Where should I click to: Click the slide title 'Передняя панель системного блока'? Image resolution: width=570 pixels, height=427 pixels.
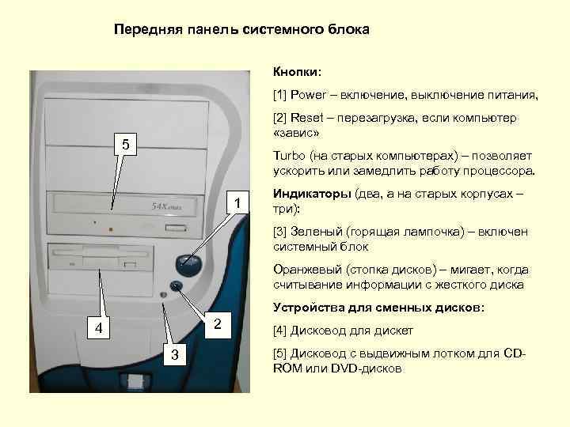tap(241, 30)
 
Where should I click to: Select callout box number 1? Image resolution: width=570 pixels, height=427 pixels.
tap(237, 204)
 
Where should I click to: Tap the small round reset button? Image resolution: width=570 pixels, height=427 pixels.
tap(176, 286)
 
